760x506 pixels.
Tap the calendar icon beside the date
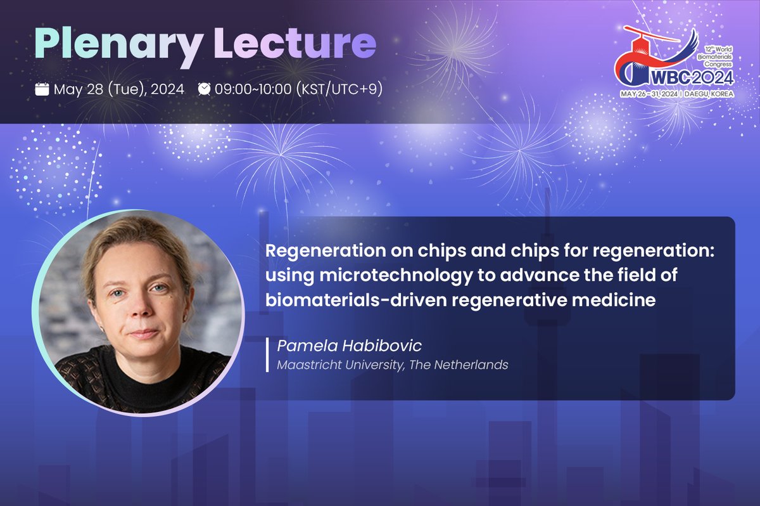(x=42, y=89)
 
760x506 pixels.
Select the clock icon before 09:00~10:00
(x=204, y=89)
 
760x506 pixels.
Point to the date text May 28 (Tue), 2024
(x=118, y=89)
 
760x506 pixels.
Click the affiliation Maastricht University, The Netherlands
(x=392, y=365)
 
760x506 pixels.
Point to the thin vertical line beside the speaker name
(x=268, y=355)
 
